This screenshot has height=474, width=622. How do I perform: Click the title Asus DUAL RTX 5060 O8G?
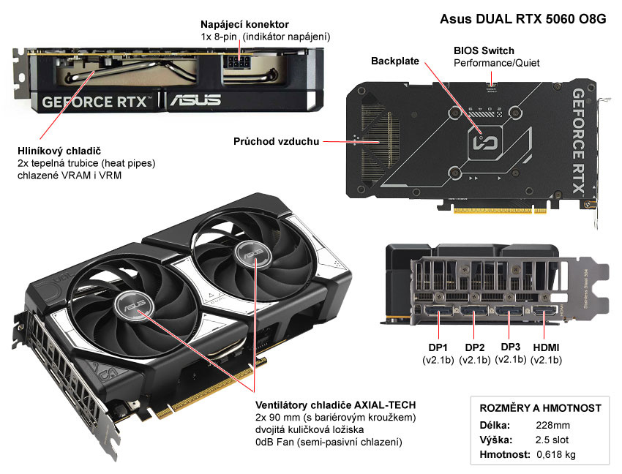click(522, 20)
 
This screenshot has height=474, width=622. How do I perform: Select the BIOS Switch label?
click(484, 50)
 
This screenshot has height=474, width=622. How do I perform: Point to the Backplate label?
click(395, 61)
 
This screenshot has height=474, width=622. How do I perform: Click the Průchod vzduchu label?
click(276, 141)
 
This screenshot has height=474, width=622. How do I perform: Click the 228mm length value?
click(552, 425)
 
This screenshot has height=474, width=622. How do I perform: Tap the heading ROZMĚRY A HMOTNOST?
click(540, 408)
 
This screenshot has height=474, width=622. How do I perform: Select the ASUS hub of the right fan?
click(250, 254)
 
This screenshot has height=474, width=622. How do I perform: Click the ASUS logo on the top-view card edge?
click(195, 99)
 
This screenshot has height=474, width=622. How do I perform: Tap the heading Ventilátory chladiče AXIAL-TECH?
click(336, 405)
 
